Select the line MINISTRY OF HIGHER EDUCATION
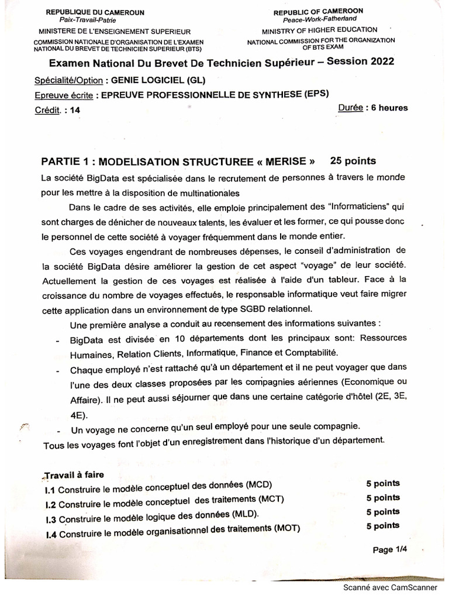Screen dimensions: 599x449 319,30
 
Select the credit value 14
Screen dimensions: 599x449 74,109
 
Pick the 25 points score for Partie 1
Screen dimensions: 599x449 353,160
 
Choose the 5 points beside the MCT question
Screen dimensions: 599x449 383,498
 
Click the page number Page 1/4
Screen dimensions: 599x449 389,549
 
